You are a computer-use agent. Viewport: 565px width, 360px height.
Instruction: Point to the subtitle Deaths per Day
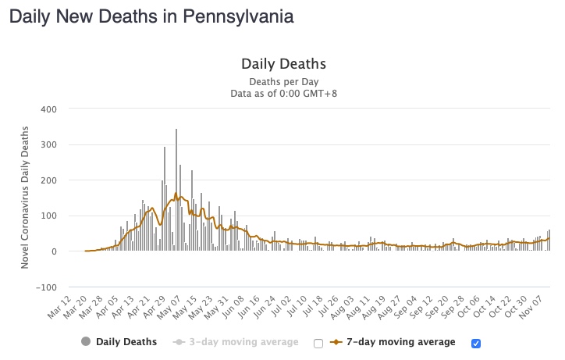(x=282, y=81)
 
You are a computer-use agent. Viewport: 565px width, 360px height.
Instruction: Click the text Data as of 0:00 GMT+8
(x=282, y=94)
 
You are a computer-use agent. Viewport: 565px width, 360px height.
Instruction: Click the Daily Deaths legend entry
(x=119, y=342)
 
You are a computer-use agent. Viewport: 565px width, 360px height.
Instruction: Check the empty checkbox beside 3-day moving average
(x=318, y=343)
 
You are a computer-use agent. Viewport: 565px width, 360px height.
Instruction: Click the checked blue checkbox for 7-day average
(x=477, y=343)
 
